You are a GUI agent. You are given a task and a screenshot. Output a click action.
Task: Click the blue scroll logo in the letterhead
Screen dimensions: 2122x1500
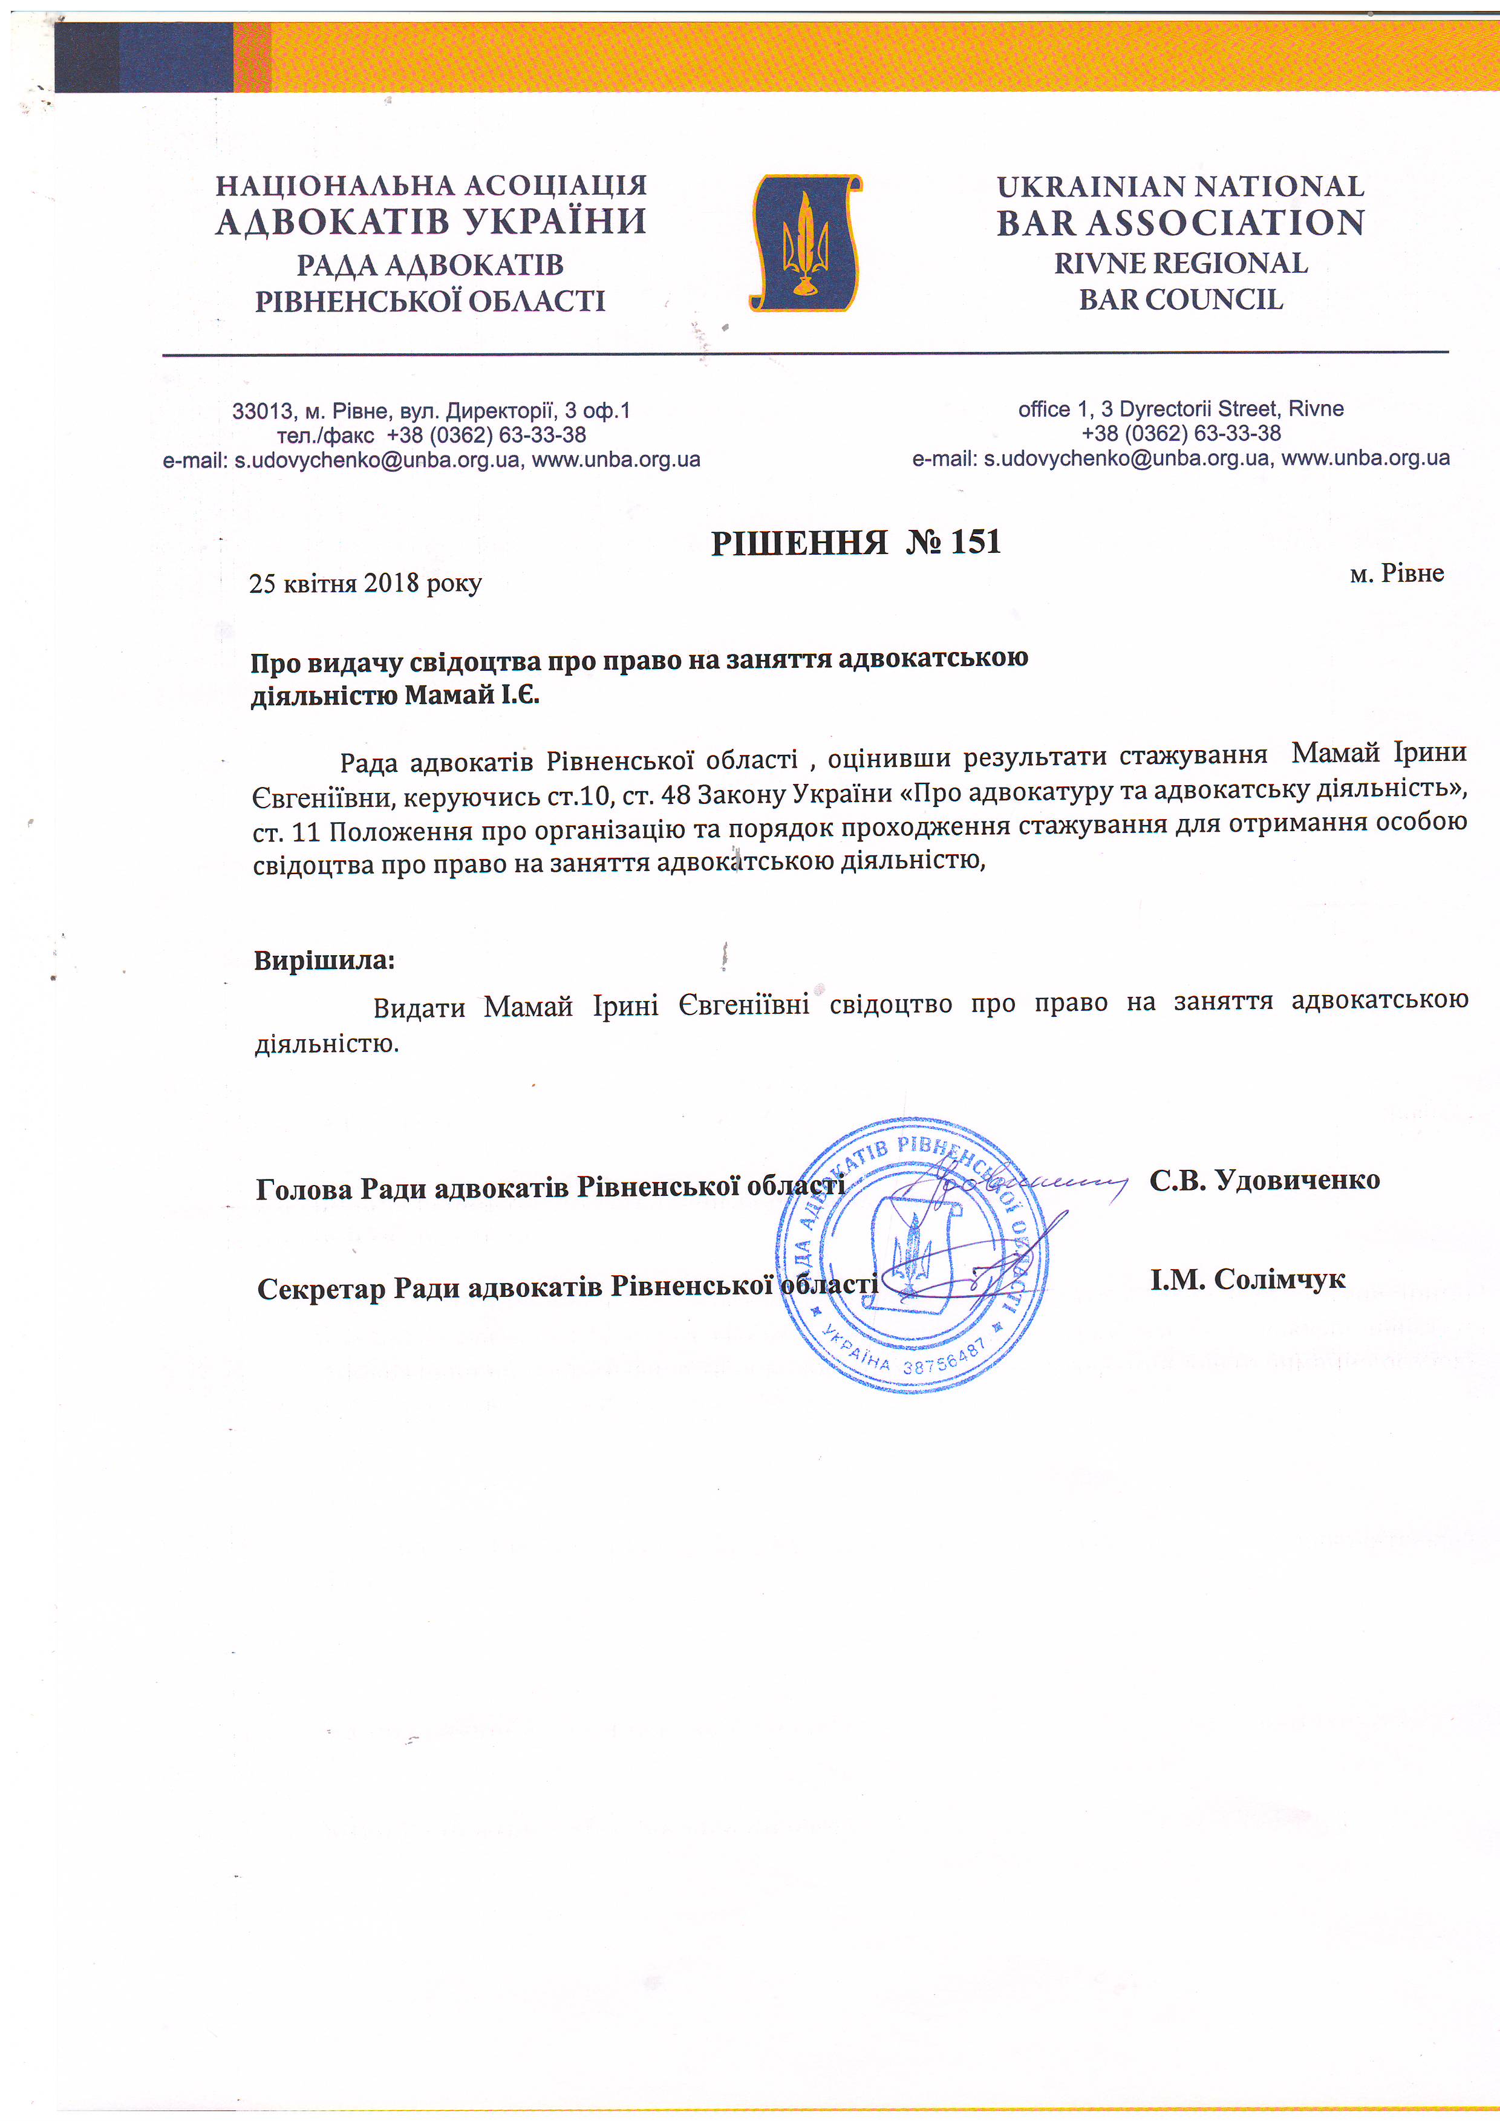(805, 242)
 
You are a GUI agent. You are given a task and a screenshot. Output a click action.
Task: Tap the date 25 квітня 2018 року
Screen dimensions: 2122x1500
(365, 583)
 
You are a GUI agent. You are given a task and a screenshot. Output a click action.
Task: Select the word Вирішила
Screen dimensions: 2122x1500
(324, 960)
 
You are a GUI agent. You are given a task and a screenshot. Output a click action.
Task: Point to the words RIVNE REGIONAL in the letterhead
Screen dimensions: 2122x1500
(1180, 263)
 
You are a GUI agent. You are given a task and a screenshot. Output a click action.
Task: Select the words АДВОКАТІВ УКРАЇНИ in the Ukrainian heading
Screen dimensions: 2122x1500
(431, 222)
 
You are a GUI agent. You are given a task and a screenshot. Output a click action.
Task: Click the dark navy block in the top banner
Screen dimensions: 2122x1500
(143, 57)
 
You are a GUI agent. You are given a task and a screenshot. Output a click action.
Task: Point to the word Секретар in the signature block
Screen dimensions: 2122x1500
(321, 1288)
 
